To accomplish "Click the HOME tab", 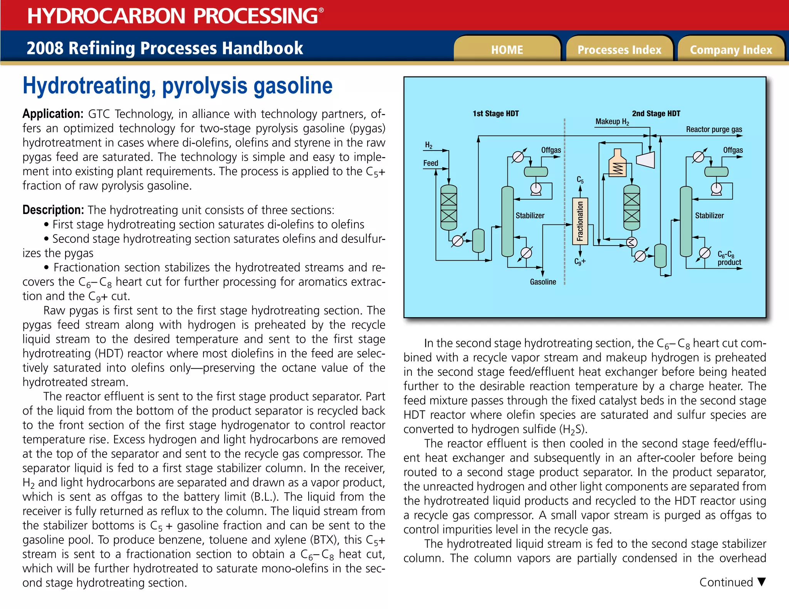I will pyautogui.click(x=507, y=50).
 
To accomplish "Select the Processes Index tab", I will pyautogui.click(x=619, y=50).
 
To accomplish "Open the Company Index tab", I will pyautogui.click(x=731, y=50).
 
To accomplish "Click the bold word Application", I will pyautogui.click(x=53, y=114).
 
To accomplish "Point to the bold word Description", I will pyautogui.click(x=53, y=210).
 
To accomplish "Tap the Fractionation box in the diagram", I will pyautogui.click(x=580, y=221).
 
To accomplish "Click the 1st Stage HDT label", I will pyautogui.click(x=495, y=114).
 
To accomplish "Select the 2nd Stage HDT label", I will pyautogui.click(x=656, y=114).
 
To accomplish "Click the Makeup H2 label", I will pyautogui.click(x=612, y=122).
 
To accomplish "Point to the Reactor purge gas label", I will pyautogui.click(x=714, y=129).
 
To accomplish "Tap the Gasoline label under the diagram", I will pyautogui.click(x=543, y=282).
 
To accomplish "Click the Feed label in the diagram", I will pyautogui.click(x=430, y=163).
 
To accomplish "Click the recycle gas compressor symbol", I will pyautogui.click(x=646, y=159).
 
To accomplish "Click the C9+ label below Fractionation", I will pyautogui.click(x=580, y=262).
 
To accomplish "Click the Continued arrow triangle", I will pyautogui.click(x=761, y=582).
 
